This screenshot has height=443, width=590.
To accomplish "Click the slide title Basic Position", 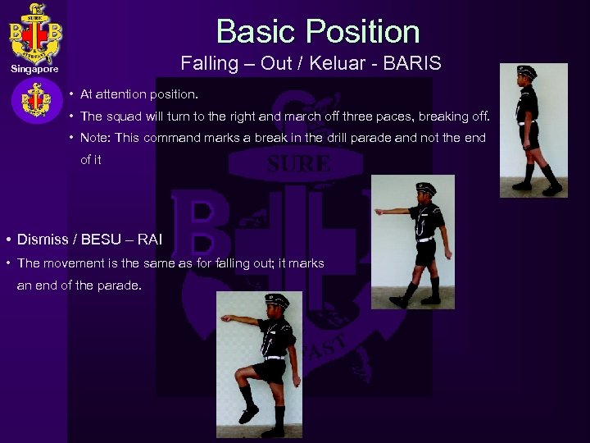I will pyautogui.click(x=318, y=32).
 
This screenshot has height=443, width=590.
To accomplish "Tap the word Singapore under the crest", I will pyautogui.click(x=34, y=69).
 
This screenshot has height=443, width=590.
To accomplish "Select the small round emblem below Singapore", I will pyautogui.click(x=35, y=102).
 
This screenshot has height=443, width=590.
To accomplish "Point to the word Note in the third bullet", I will pyautogui.click(x=95, y=137).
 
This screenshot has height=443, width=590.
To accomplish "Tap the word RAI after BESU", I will pyautogui.click(x=150, y=240).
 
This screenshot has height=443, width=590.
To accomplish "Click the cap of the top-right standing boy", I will pyautogui.click(x=529, y=72).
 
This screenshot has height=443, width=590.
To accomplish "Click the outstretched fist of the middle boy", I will pyautogui.click(x=379, y=212).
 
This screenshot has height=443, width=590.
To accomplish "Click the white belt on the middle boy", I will pyautogui.click(x=424, y=239).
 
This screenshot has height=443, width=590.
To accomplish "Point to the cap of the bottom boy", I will pyautogui.click(x=277, y=300).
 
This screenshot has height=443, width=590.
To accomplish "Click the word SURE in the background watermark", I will pyautogui.click(x=299, y=164).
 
